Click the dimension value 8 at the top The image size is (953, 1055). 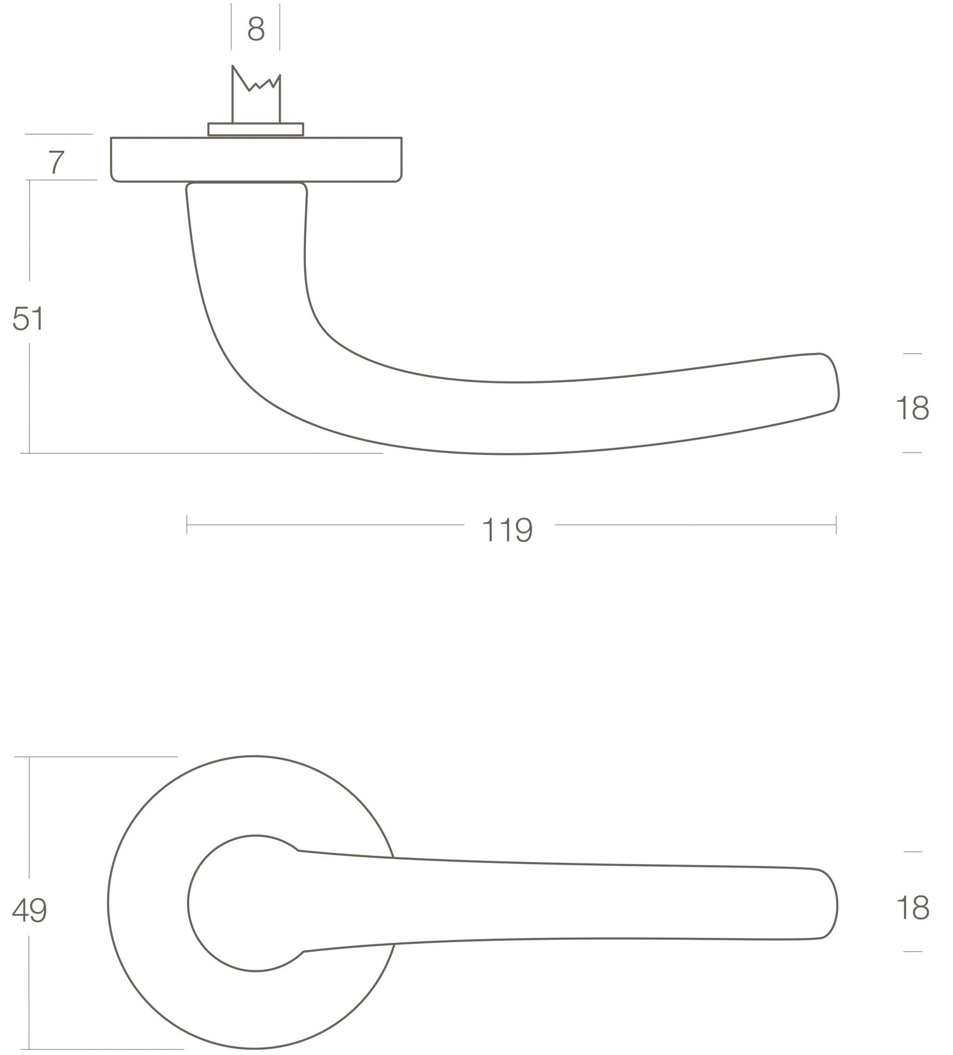click(x=256, y=29)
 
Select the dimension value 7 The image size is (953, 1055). click(x=56, y=162)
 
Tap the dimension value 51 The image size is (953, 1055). click(x=28, y=318)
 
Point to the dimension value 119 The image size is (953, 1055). click(x=507, y=530)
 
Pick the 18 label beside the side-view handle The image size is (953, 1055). click(x=913, y=408)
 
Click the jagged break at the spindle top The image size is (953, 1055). click(x=257, y=81)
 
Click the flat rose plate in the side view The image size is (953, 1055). click(x=256, y=160)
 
